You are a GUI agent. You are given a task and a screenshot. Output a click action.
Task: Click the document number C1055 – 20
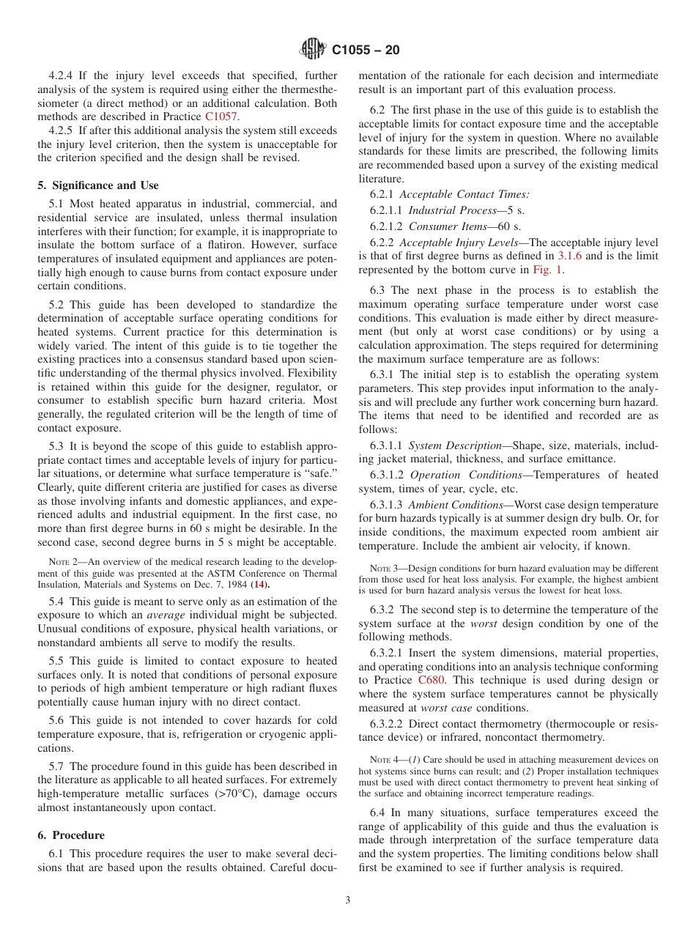366,51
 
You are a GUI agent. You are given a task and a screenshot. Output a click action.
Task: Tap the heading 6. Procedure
71,835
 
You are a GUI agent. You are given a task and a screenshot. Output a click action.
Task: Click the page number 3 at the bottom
348,900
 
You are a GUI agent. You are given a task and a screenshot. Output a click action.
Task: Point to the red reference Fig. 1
547,270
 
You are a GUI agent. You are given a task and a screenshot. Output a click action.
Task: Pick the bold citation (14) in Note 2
260,585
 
